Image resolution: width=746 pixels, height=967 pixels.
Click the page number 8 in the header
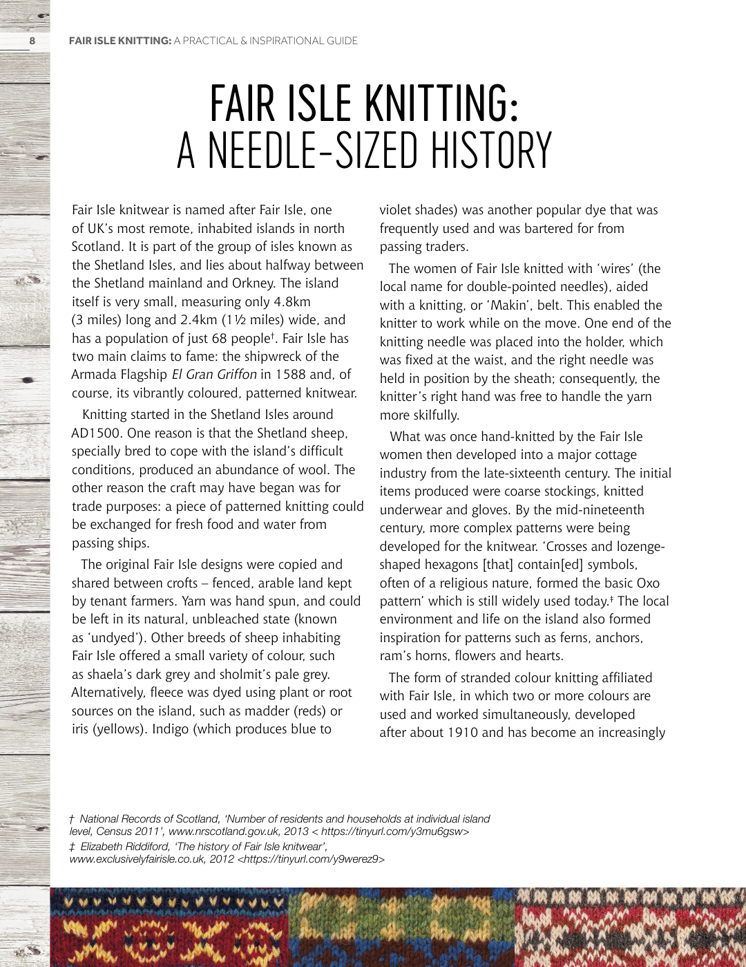[32, 41]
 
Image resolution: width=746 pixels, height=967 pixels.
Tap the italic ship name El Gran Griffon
[214, 375]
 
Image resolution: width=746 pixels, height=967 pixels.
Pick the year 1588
[290, 375]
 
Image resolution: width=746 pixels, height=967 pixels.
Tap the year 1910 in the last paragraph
[462, 733]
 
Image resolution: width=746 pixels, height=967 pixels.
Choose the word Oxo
[648, 583]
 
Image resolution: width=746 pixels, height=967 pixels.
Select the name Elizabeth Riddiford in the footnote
[124, 847]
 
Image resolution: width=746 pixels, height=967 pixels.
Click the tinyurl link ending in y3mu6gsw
[394, 832]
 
